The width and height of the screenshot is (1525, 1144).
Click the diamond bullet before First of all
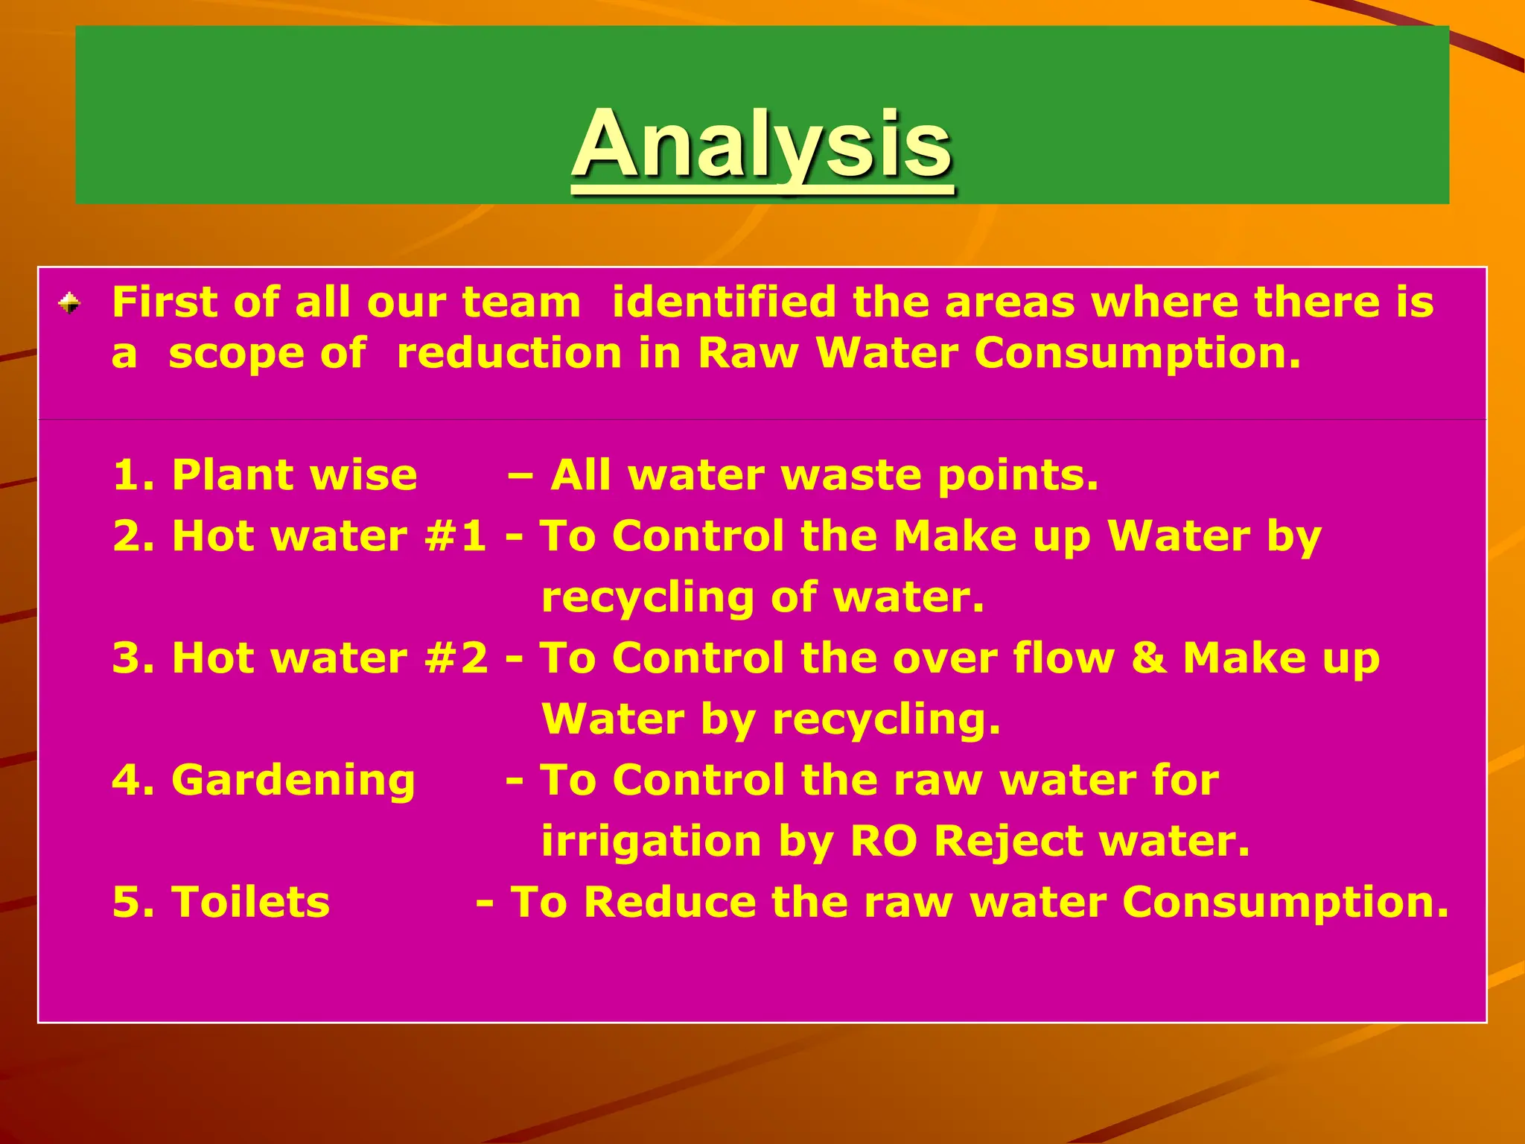coord(69,303)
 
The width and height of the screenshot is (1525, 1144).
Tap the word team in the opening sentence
coord(520,302)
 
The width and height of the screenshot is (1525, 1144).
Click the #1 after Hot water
coord(456,536)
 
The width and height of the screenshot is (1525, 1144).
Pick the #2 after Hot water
coord(456,658)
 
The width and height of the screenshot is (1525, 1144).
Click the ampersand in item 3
coord(1149,658)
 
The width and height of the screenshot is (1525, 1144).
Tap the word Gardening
coord(293,781)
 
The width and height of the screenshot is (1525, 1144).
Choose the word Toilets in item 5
coord(250,902)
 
